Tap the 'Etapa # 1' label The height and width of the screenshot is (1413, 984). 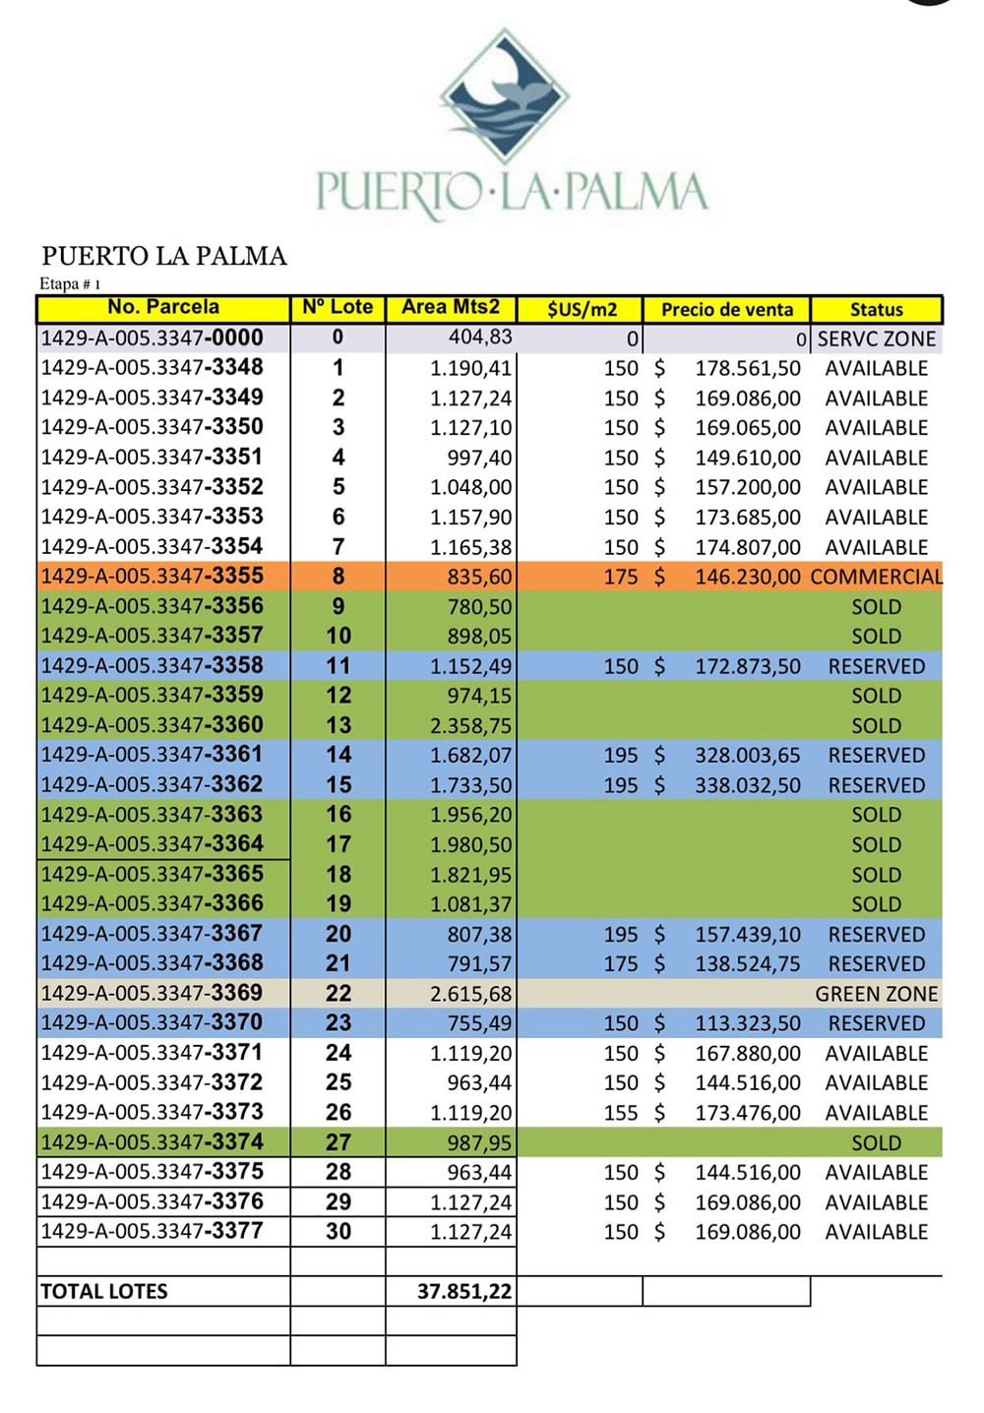click(70, 284)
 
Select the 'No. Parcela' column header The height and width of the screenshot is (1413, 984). click(163, 308)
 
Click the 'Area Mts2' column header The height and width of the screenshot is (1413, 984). click(451, 308)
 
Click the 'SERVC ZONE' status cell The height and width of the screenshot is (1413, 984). click(877, 339)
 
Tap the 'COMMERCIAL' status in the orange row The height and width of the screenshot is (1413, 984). click(876, 578)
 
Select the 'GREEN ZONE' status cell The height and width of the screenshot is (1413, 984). click(876, 995)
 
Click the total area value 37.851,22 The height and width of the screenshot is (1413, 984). click(464, 1292)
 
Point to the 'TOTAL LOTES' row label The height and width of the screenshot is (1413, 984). click(104, 1292)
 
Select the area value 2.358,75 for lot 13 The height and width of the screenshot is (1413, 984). click(470, 726)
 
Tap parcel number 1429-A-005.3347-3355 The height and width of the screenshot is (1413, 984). click(153, 577)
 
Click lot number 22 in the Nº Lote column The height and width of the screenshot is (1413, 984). click(338, 994)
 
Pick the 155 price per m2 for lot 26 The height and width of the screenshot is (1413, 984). click(621, 1113)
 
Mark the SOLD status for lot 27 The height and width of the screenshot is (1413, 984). click(876, 1143)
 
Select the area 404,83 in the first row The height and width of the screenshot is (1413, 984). click(480, 338)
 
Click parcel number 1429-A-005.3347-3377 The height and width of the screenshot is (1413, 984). click(153, 1232)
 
